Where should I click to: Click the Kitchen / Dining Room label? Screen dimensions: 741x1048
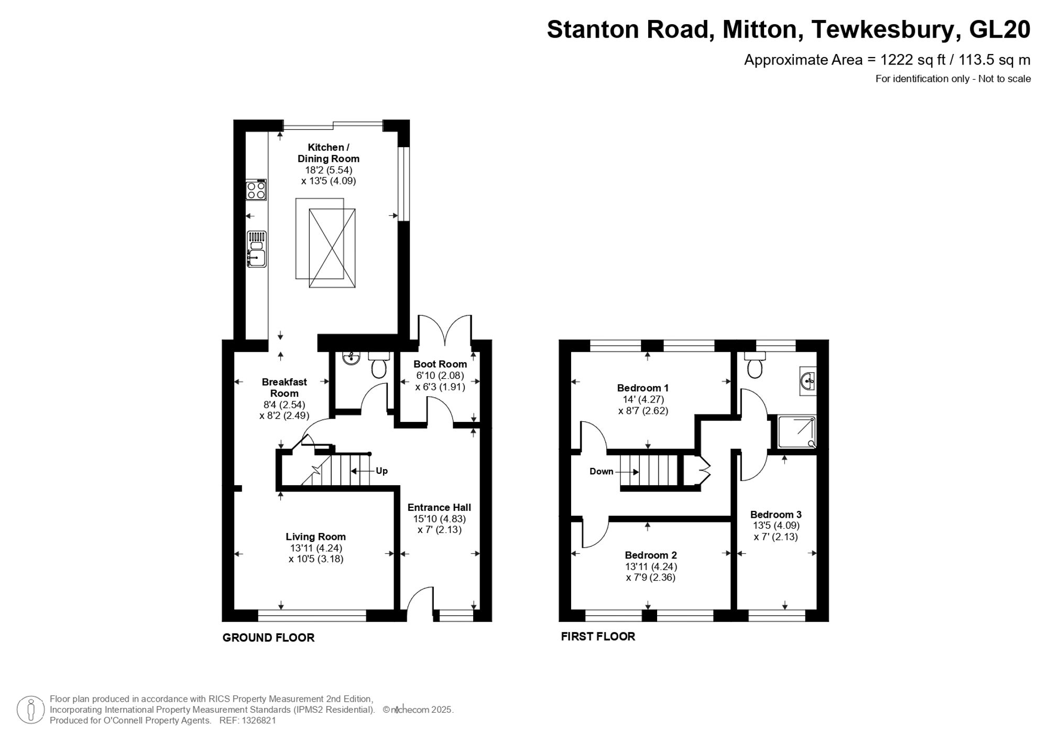pyautogui.click(x=329, y=153)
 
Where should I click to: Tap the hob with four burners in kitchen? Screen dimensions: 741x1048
pyautogui.click(x=256, y=190)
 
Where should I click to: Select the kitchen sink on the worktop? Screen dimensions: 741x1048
pyautogui.click(x=257, y=250)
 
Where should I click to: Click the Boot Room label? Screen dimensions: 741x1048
pyautogui.click(x=440, y=364)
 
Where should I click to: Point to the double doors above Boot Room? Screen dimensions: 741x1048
pyautogui.click(x=445, y=330)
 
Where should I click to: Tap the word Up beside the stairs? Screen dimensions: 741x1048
pyautogui.click(x=381, y=471)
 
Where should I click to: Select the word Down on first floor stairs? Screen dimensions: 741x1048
pyautogui.click(x=601, y=472)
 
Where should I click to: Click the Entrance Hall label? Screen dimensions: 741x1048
pyautogui.click(x=439, y=507)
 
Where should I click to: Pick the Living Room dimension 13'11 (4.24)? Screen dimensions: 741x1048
pyautogui.click(x=316, y=548)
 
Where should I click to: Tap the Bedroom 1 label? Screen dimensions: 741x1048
pyautogui.click(x=642, y=388)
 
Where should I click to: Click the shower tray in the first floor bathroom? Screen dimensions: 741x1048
pyautogui.click(x=796, y=432)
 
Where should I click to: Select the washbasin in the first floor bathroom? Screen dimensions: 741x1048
pyautogui.click(x=807, y=380)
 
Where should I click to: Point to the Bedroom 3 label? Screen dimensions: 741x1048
pyautogui.click(x=776, y=515)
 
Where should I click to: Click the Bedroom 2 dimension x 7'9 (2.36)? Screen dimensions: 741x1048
pyautogui.click(x=651, y=577)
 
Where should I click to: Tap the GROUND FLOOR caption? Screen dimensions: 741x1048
pyautogui.click(x=268, y=638)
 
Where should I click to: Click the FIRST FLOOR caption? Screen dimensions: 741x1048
pyautogui.click(x=598, y=637)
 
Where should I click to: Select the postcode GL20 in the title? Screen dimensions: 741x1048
pyautogui.click(x=999, y=30)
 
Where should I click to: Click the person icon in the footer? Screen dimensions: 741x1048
pyautogui.click(x=30, y=710)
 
